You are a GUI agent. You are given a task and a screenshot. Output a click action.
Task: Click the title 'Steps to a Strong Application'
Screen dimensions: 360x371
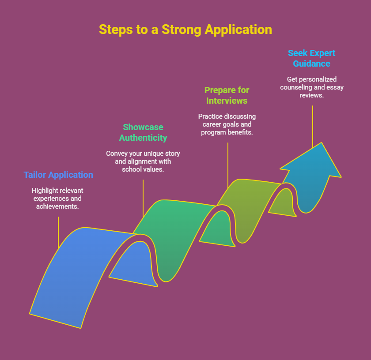(x=185, y=30)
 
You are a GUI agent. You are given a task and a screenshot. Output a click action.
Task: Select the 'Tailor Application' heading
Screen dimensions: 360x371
(x=58, y=175)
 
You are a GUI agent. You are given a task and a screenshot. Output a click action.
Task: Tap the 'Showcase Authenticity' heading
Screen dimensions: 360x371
(x=143, y=132)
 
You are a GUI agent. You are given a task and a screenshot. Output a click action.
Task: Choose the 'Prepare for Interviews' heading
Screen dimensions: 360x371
(x=227, y=95)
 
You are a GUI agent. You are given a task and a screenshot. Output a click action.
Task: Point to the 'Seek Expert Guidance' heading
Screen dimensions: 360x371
(x=311, y=58)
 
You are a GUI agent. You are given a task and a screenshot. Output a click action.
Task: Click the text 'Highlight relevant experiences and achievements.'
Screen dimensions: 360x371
(x=57, y=198)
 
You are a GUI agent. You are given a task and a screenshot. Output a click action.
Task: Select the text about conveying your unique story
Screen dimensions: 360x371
(x=143, y=161)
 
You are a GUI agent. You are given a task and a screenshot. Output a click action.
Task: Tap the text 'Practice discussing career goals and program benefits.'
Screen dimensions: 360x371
(x=227, y=124)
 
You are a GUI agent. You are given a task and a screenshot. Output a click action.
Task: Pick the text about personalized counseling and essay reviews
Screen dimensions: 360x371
(x=312, y=87)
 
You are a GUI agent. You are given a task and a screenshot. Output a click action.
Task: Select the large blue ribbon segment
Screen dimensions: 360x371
(x=75, y=274)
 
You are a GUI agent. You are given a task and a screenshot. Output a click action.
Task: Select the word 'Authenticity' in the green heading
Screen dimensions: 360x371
(x=143, y=138)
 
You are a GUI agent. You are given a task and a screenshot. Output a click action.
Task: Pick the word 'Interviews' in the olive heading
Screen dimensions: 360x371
(x=227, y=101)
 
